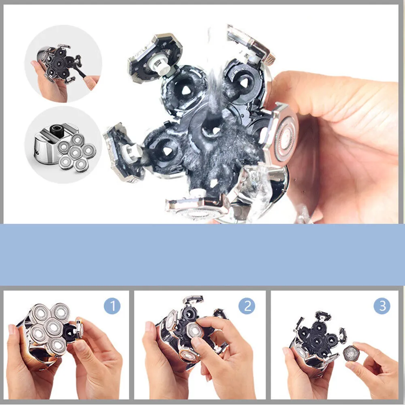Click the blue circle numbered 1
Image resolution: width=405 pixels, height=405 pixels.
click(x=112, y=306)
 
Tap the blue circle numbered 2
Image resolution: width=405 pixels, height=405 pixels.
click(x=247, y=306)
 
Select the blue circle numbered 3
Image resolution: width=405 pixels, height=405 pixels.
click(x=382, y=306)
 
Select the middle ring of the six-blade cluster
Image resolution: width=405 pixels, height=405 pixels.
click(x=75, y=153)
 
